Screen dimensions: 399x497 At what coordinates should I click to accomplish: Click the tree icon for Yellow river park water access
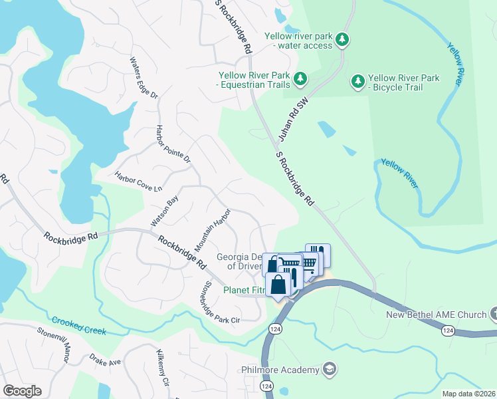[342, 41]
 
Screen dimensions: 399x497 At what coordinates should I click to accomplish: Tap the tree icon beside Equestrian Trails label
[300, 79]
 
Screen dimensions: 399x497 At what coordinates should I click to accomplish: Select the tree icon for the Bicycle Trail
[358, 82]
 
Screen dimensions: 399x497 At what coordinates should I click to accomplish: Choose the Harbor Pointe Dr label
[173, 144]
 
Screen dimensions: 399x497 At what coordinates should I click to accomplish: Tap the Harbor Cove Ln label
[138, 180]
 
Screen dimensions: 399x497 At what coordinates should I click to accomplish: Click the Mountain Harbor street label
[213, 229]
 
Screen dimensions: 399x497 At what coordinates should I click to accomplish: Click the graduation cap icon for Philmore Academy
[328, 369]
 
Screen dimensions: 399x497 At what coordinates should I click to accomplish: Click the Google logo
[22, 391]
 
